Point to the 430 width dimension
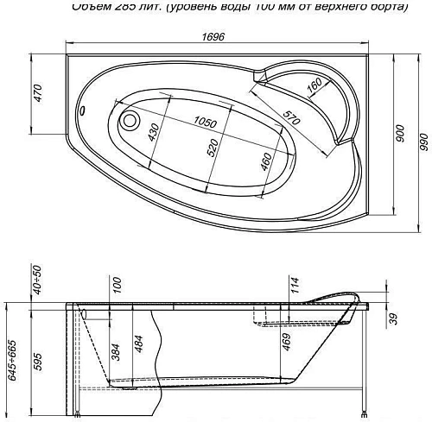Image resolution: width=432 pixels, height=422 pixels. [x=154, y=134]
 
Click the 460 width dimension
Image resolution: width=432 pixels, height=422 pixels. [x=266, y=161]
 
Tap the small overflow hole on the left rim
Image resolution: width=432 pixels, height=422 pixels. [x=84, y=110]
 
